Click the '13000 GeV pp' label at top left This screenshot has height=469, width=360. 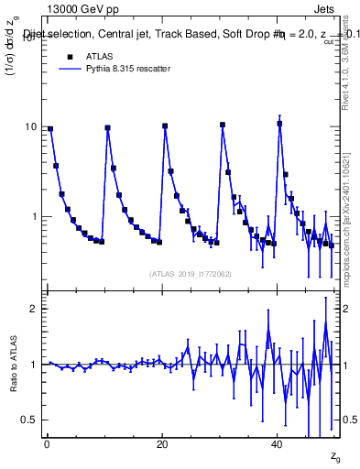(81, 10)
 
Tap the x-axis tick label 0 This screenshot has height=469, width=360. (47, 442)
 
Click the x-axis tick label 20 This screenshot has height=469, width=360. (162, 442)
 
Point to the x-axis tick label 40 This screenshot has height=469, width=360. (278, 442)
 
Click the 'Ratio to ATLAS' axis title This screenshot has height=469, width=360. (14, 364)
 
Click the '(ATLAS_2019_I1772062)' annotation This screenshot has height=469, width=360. (191, 274)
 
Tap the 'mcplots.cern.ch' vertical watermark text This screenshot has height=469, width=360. (349, 247)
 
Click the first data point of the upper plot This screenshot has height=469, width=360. (50, 129)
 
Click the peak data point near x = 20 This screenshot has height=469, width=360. (165, 126)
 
